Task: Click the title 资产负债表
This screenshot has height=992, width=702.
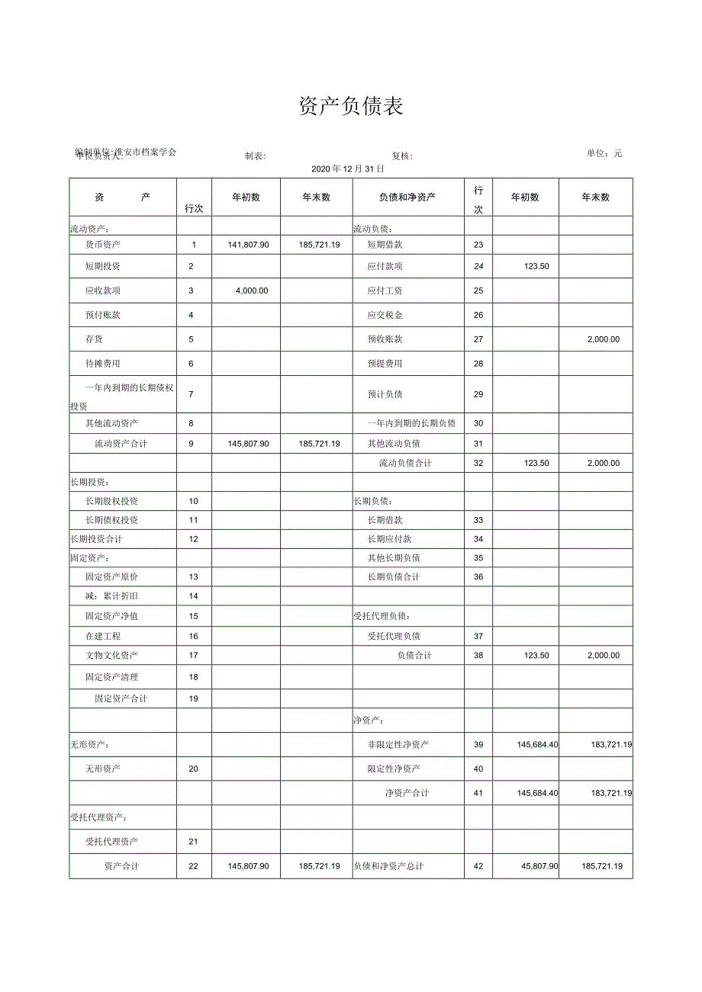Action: [351, 107]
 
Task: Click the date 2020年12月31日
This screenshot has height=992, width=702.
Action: [350, 169]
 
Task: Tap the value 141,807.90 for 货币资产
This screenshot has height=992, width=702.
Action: [248, 245]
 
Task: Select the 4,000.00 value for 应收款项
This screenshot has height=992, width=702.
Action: [252, 291]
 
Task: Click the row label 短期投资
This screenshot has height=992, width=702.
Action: [103, 266]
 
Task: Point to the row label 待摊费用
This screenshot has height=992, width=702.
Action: [103, 364]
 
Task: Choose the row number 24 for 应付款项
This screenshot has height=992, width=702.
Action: [478, 266]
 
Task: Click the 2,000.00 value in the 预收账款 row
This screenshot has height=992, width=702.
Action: [604, 339]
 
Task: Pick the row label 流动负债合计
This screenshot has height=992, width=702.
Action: [405, 463]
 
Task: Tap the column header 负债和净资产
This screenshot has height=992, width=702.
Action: [407, 197]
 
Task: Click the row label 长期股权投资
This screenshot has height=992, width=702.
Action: [112, 501]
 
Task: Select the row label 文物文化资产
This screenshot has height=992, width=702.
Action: [112, 655]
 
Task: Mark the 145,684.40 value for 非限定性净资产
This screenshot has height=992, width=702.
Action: [537, 744]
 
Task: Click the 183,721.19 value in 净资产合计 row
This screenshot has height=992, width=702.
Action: [611, 793]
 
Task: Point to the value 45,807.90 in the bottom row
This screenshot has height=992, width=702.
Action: [539, 866]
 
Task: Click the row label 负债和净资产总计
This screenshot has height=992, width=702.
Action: [388, 866]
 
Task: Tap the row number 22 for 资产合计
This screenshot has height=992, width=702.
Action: [193, 866]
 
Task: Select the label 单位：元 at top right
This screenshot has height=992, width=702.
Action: [604, 153]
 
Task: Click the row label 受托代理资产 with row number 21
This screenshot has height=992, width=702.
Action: [112, 842]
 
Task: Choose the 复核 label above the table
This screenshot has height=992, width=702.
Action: [402, 156]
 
